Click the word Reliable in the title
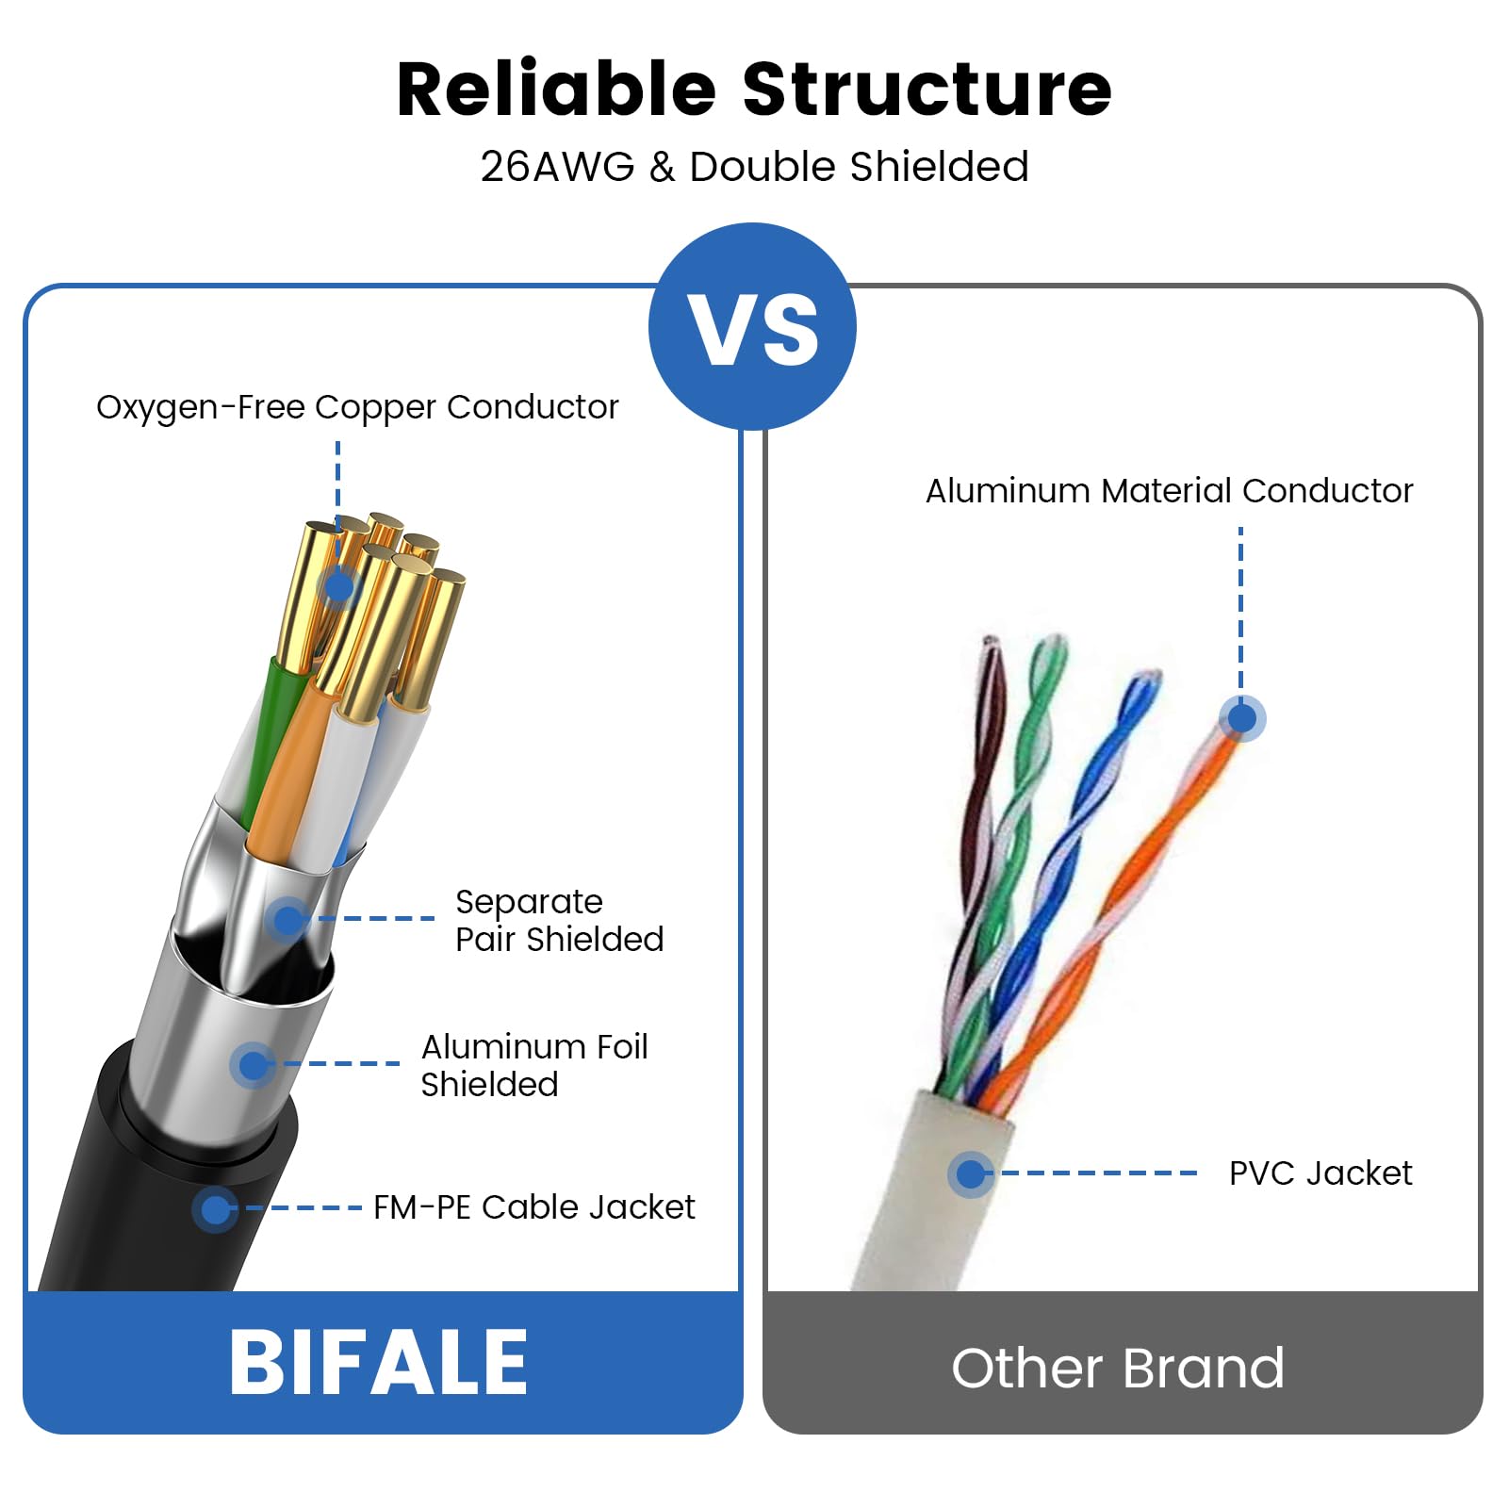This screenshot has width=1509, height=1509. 556,90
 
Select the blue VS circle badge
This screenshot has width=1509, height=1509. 753,326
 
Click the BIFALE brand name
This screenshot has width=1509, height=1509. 379,1362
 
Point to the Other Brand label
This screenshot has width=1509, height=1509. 1118,1368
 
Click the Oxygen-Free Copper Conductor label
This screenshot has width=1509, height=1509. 357,407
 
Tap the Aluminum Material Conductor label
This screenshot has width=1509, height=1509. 1169,491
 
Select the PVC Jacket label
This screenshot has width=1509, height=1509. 1320,1173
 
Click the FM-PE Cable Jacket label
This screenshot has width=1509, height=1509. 533,1207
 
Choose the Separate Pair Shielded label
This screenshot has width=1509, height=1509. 559,920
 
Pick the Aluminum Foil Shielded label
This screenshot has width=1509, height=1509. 533,1065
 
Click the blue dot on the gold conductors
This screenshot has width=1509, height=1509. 338,587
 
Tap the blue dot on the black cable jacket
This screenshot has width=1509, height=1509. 215,1208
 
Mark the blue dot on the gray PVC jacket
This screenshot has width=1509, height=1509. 970,1174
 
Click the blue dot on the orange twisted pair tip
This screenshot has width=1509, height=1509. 1242,719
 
